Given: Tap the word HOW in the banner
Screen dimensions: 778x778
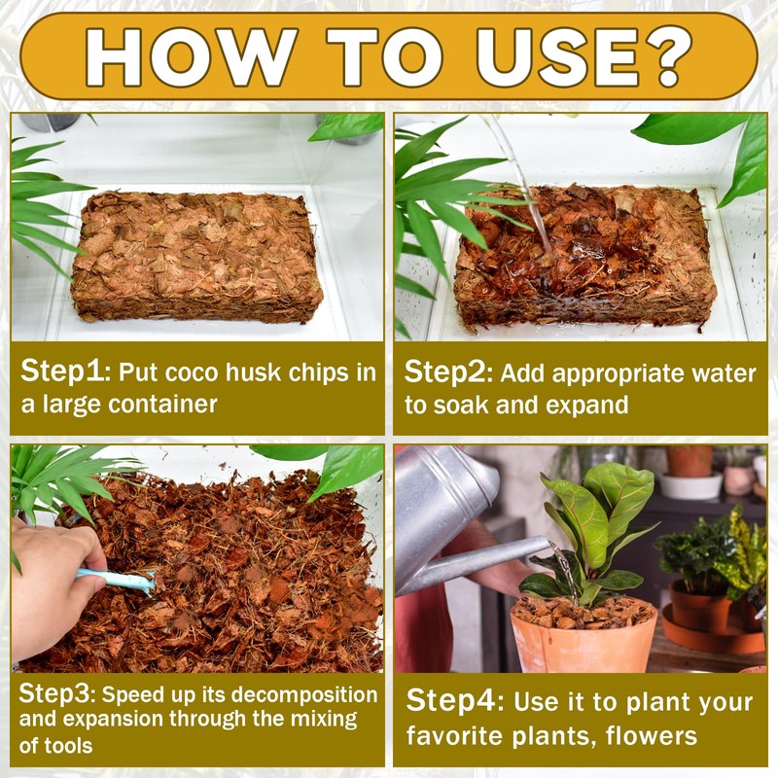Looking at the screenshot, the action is [191, 56].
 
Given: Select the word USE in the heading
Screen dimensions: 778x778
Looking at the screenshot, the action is [554, 56].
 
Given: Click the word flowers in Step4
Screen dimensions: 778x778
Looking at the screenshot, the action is [652, 735].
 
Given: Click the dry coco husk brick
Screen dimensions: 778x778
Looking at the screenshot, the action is [197, 257].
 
